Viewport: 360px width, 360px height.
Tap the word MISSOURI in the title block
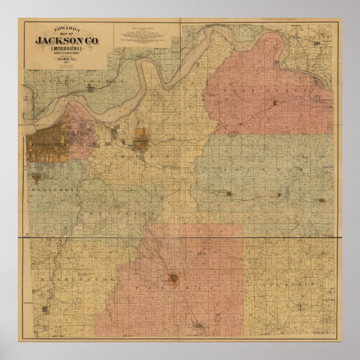(x=66, y=49)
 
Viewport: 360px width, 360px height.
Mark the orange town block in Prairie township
(x=174, y=277)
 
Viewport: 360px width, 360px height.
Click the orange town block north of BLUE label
(x=141, y=139)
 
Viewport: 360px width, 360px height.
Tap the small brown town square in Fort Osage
(x=274, y=103)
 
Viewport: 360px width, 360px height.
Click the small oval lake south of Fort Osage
(x=233, y=134)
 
